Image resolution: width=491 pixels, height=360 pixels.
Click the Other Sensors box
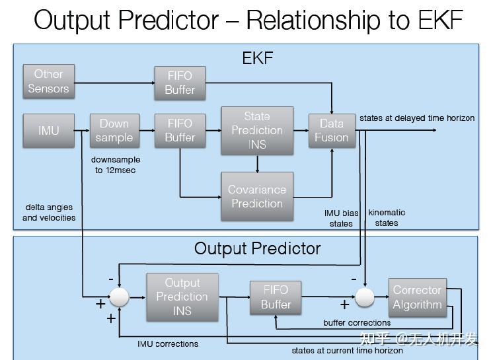pos(48,81)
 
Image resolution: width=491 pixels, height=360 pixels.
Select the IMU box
pos(48,130)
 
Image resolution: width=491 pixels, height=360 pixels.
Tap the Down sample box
pos(114,130)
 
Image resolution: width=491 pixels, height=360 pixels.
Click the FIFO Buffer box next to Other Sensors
pos(179,83)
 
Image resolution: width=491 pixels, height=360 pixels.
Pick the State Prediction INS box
pos(257,130)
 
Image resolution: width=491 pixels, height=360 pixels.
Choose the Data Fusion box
pos(332,130)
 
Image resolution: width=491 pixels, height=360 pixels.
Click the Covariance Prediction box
pos(257,196)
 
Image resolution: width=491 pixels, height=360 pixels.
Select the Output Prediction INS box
pos(182,297)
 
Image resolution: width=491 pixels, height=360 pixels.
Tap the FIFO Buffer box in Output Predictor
pos(276,297)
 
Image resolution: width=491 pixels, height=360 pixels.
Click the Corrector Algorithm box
pos(417,297)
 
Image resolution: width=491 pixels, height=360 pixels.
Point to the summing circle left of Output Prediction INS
pos(119,297)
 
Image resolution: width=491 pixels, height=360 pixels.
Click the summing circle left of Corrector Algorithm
pos(365,297)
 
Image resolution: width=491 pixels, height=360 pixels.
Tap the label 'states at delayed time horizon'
pos(417,118)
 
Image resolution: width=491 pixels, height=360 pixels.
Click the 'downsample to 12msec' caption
pos(116,165)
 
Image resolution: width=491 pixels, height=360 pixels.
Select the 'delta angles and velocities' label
pos(49,213)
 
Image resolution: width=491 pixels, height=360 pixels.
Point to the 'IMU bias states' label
pos(342,218)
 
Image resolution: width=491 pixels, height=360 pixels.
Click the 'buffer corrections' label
pos(357,323)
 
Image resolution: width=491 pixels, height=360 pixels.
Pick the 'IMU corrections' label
pos(168,343)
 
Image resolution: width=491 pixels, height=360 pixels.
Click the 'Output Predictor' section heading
pos(257,248)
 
